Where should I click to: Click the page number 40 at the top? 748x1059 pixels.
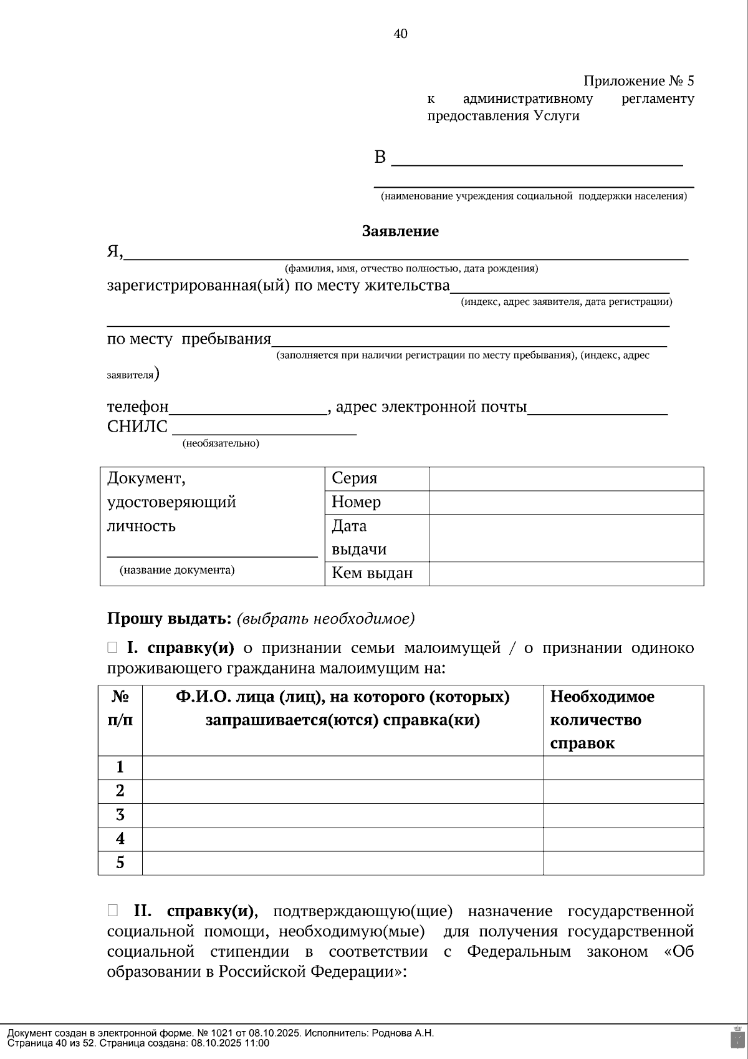[x=400, y=34]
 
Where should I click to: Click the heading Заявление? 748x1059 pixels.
[x=400, y=231]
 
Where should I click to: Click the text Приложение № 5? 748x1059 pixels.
[x=638, y=81]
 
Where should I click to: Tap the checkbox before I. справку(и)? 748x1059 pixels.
[x=112, y=648]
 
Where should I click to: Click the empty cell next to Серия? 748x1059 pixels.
[x=566, y=479]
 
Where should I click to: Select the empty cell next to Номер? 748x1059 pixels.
[x=566, y=503]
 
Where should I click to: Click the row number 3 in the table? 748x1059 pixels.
[x=120, y=815]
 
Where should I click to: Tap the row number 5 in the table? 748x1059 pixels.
[x=120, y=863]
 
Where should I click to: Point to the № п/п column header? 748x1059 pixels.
[x=120, y=708]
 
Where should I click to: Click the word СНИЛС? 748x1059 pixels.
[x=137, y=427]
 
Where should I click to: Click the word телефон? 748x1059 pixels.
[x=138, y=407]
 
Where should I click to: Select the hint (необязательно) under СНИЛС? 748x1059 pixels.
[x=221, y=443]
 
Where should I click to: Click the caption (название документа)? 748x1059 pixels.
[x=177, y=570]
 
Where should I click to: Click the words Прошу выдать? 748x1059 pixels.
[x=170, y=619]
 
